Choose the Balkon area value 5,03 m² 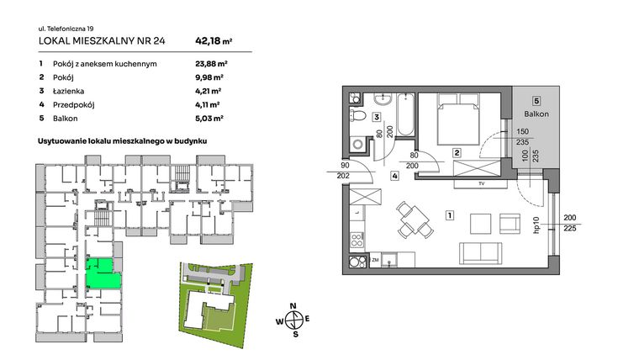[x=207, y=119]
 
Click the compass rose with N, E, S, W [x=293, y=319]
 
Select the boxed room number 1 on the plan [x=451, y=215]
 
